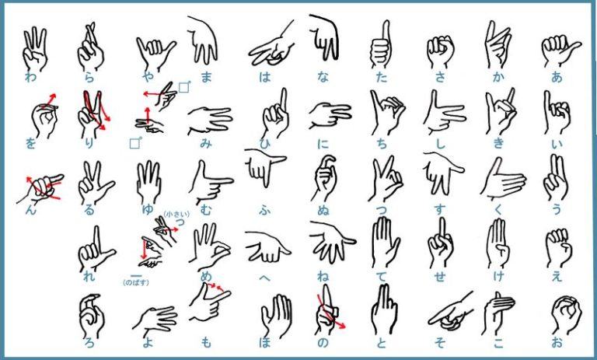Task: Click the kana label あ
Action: click(557, 77)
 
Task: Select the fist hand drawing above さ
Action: click(440, 51)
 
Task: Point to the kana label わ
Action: click(30, 77)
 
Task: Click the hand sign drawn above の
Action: click(328, 309)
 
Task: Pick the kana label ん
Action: click(30, 210)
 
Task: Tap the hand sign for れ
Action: click(95, 248)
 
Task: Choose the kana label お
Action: click(557, 342)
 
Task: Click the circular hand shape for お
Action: click(566, 313)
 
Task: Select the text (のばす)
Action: click(136, 283)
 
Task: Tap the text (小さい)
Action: click(176, 215)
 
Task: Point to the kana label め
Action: click(206, 276)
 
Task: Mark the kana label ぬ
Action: click(323, 210)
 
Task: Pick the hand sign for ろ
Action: click(92, 315)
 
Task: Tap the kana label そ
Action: click(440, 342)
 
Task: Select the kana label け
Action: click(498, 276)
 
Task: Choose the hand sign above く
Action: click(503, 179)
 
